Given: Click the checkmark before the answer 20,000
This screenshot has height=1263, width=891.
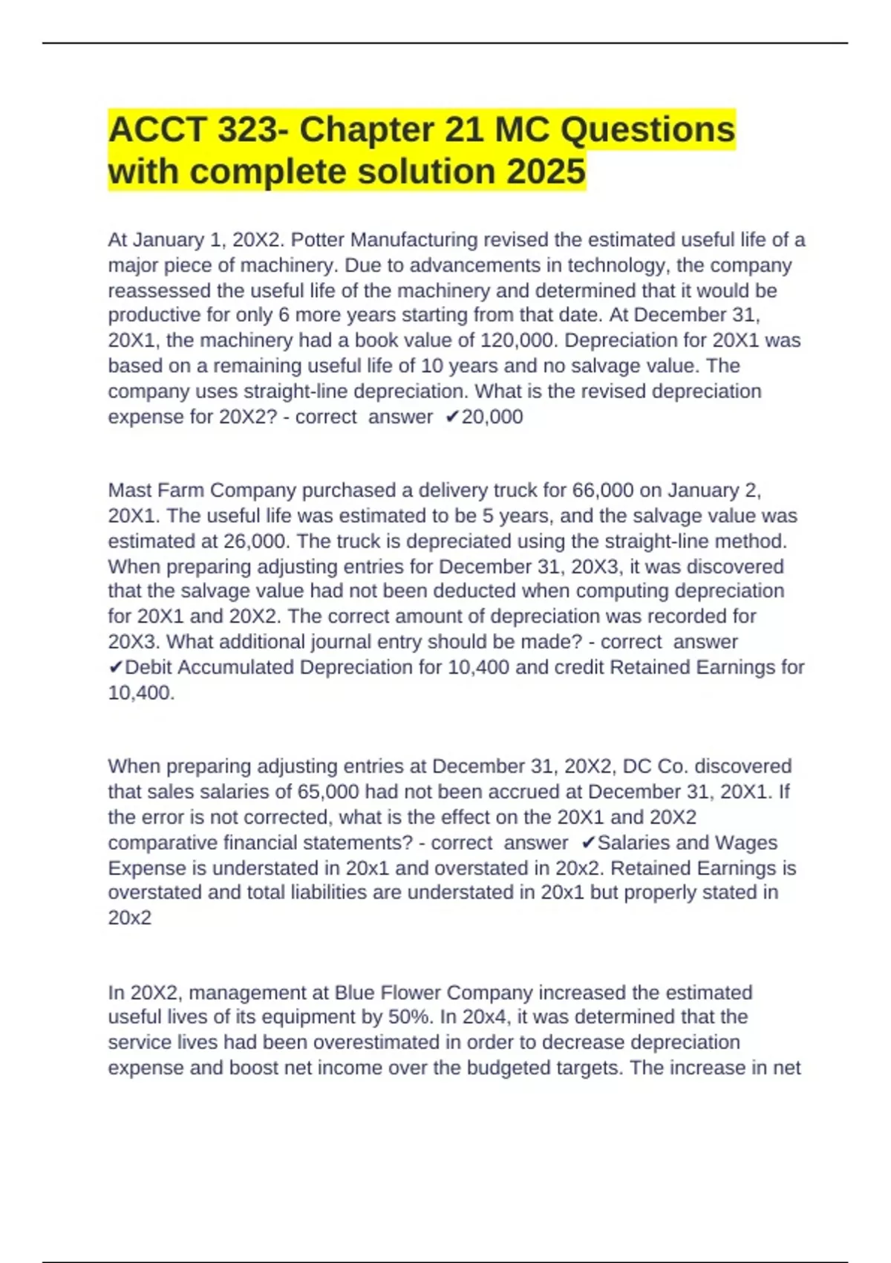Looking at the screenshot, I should tap(452, 417).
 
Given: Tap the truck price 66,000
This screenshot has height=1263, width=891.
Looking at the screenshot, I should tap(603, 490).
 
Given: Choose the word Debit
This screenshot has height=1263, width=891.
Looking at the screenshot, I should tap(148, 667).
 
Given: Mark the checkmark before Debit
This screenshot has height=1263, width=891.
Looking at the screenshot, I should tap(115, 667).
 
